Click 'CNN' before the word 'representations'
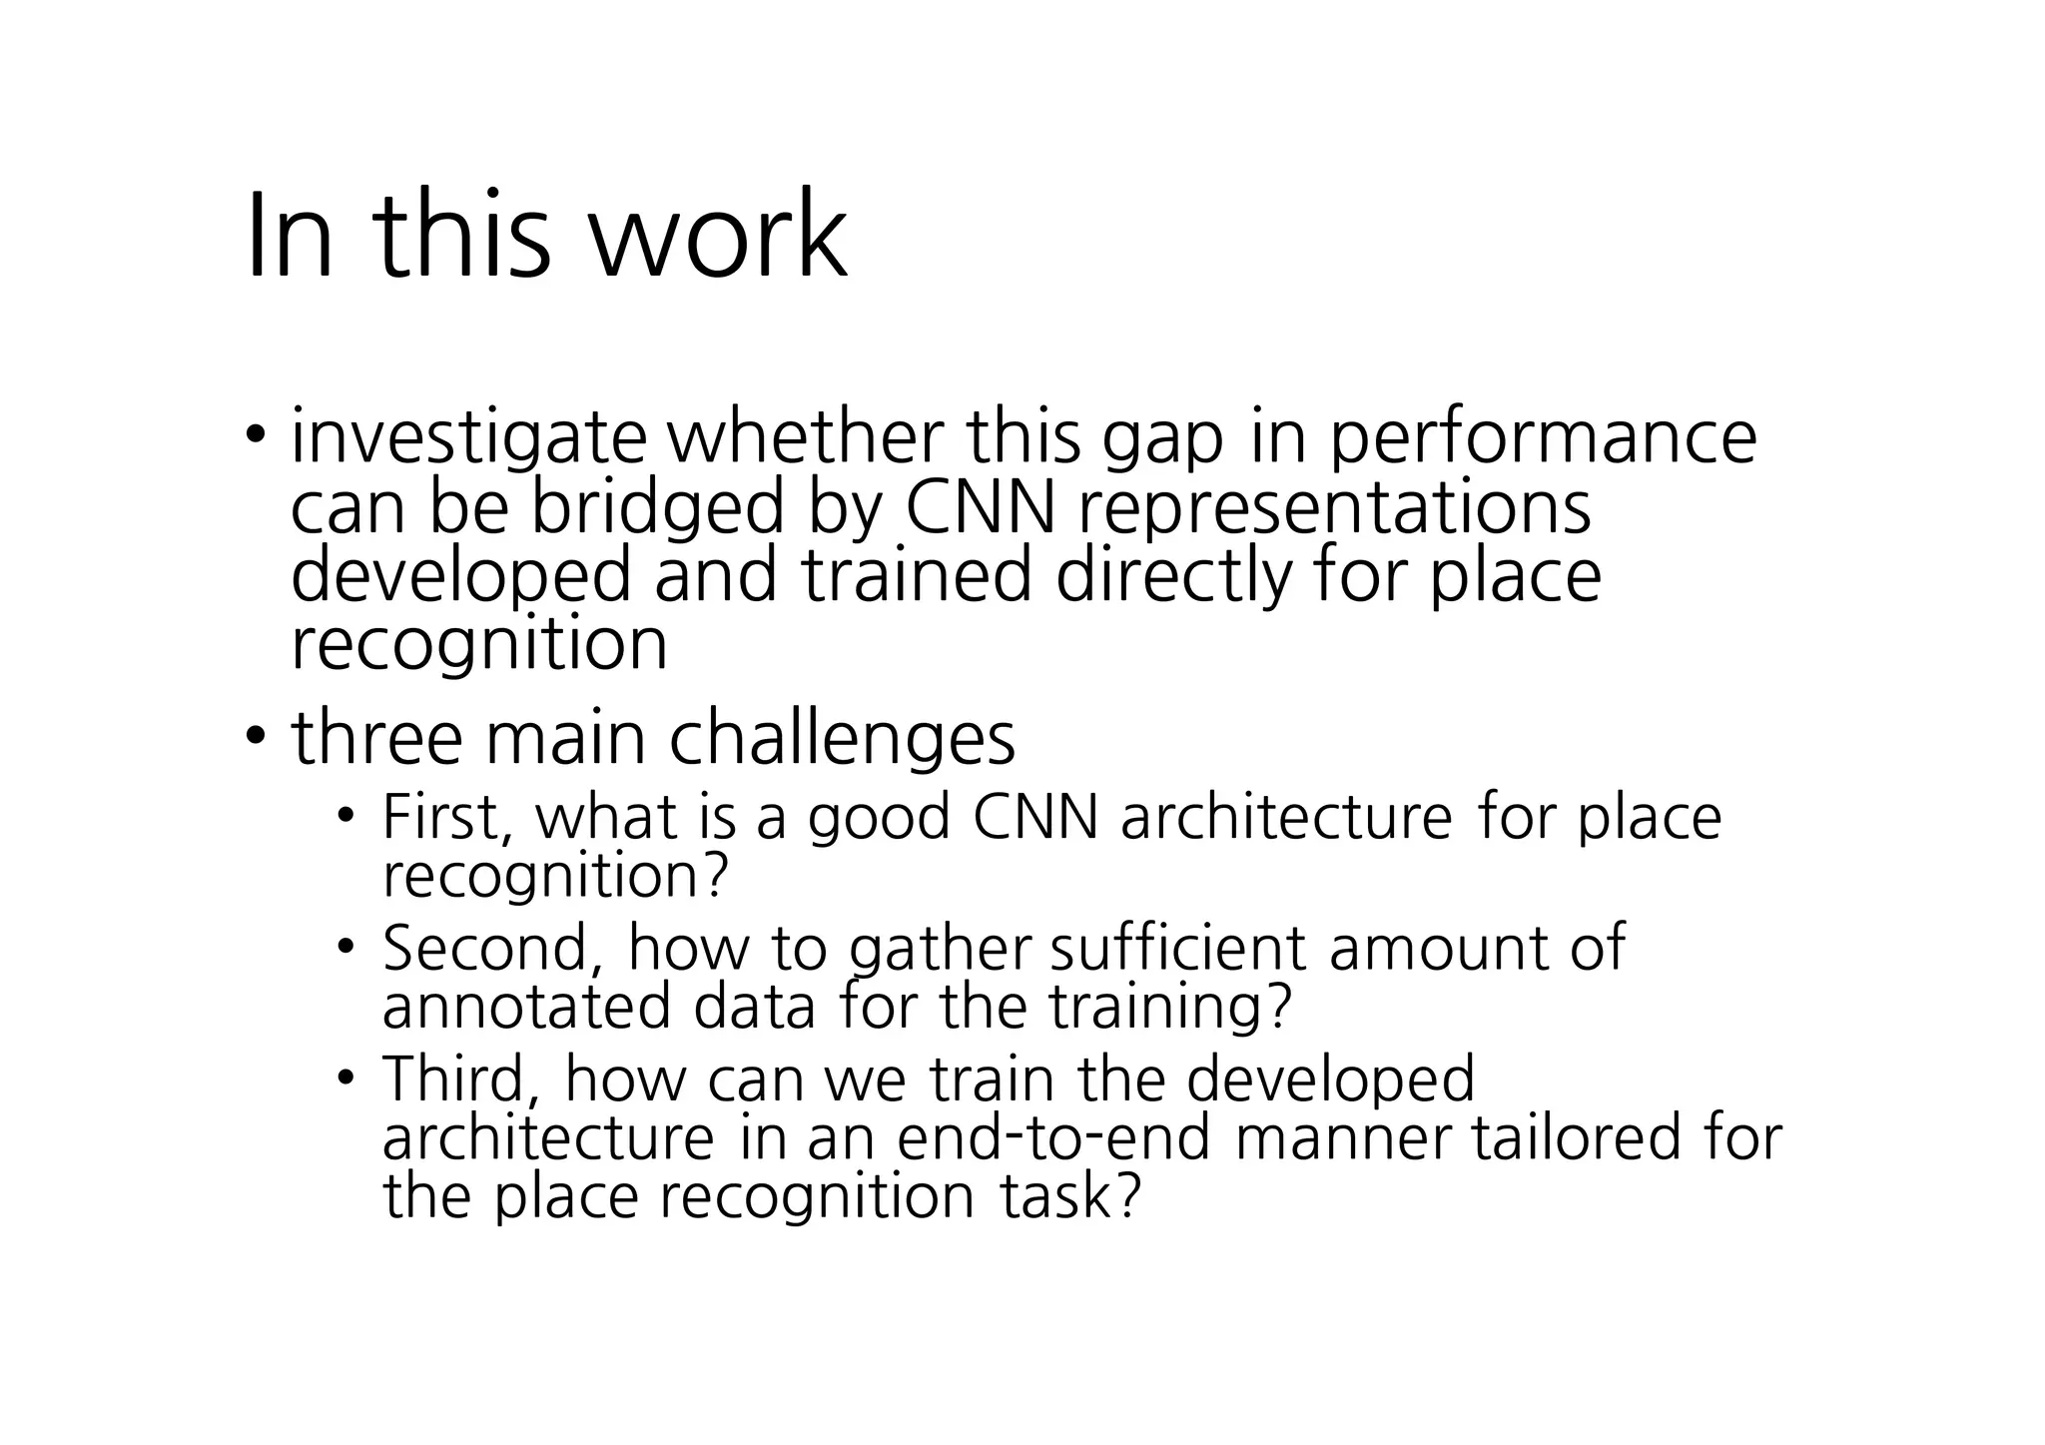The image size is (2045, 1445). click(980, 507)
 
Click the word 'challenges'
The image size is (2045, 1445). click(841, 738)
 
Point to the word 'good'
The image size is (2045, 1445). click(878, 817)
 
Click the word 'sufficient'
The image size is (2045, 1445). click(1177, 948)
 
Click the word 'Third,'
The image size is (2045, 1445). click(460, 1079)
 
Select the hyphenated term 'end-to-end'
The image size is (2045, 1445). click(1053, 1137)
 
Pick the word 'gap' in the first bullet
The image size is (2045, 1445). click(1162, 441)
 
